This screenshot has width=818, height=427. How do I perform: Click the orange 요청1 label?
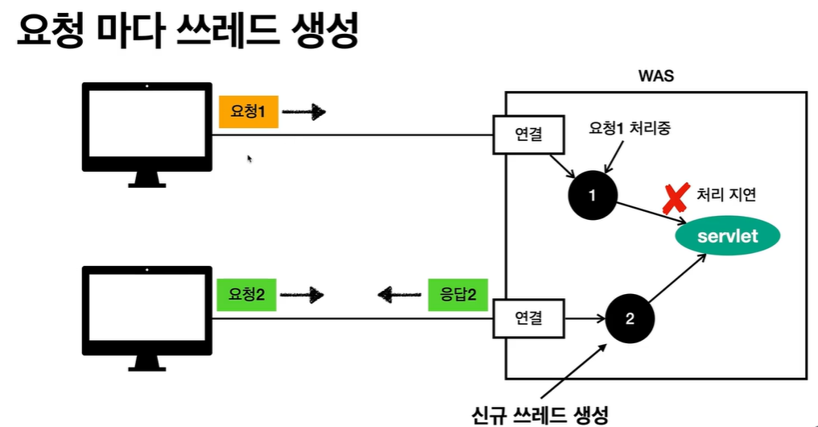248,112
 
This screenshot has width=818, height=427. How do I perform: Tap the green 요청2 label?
247,295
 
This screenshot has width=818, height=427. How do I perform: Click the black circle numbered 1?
592,194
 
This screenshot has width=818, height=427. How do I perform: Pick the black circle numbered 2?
630,317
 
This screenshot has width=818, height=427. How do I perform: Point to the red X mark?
676,197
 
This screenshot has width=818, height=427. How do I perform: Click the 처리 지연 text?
726,195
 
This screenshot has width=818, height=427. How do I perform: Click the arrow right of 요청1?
304,113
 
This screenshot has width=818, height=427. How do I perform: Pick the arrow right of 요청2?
303,296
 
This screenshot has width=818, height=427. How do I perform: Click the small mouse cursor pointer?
250,160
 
